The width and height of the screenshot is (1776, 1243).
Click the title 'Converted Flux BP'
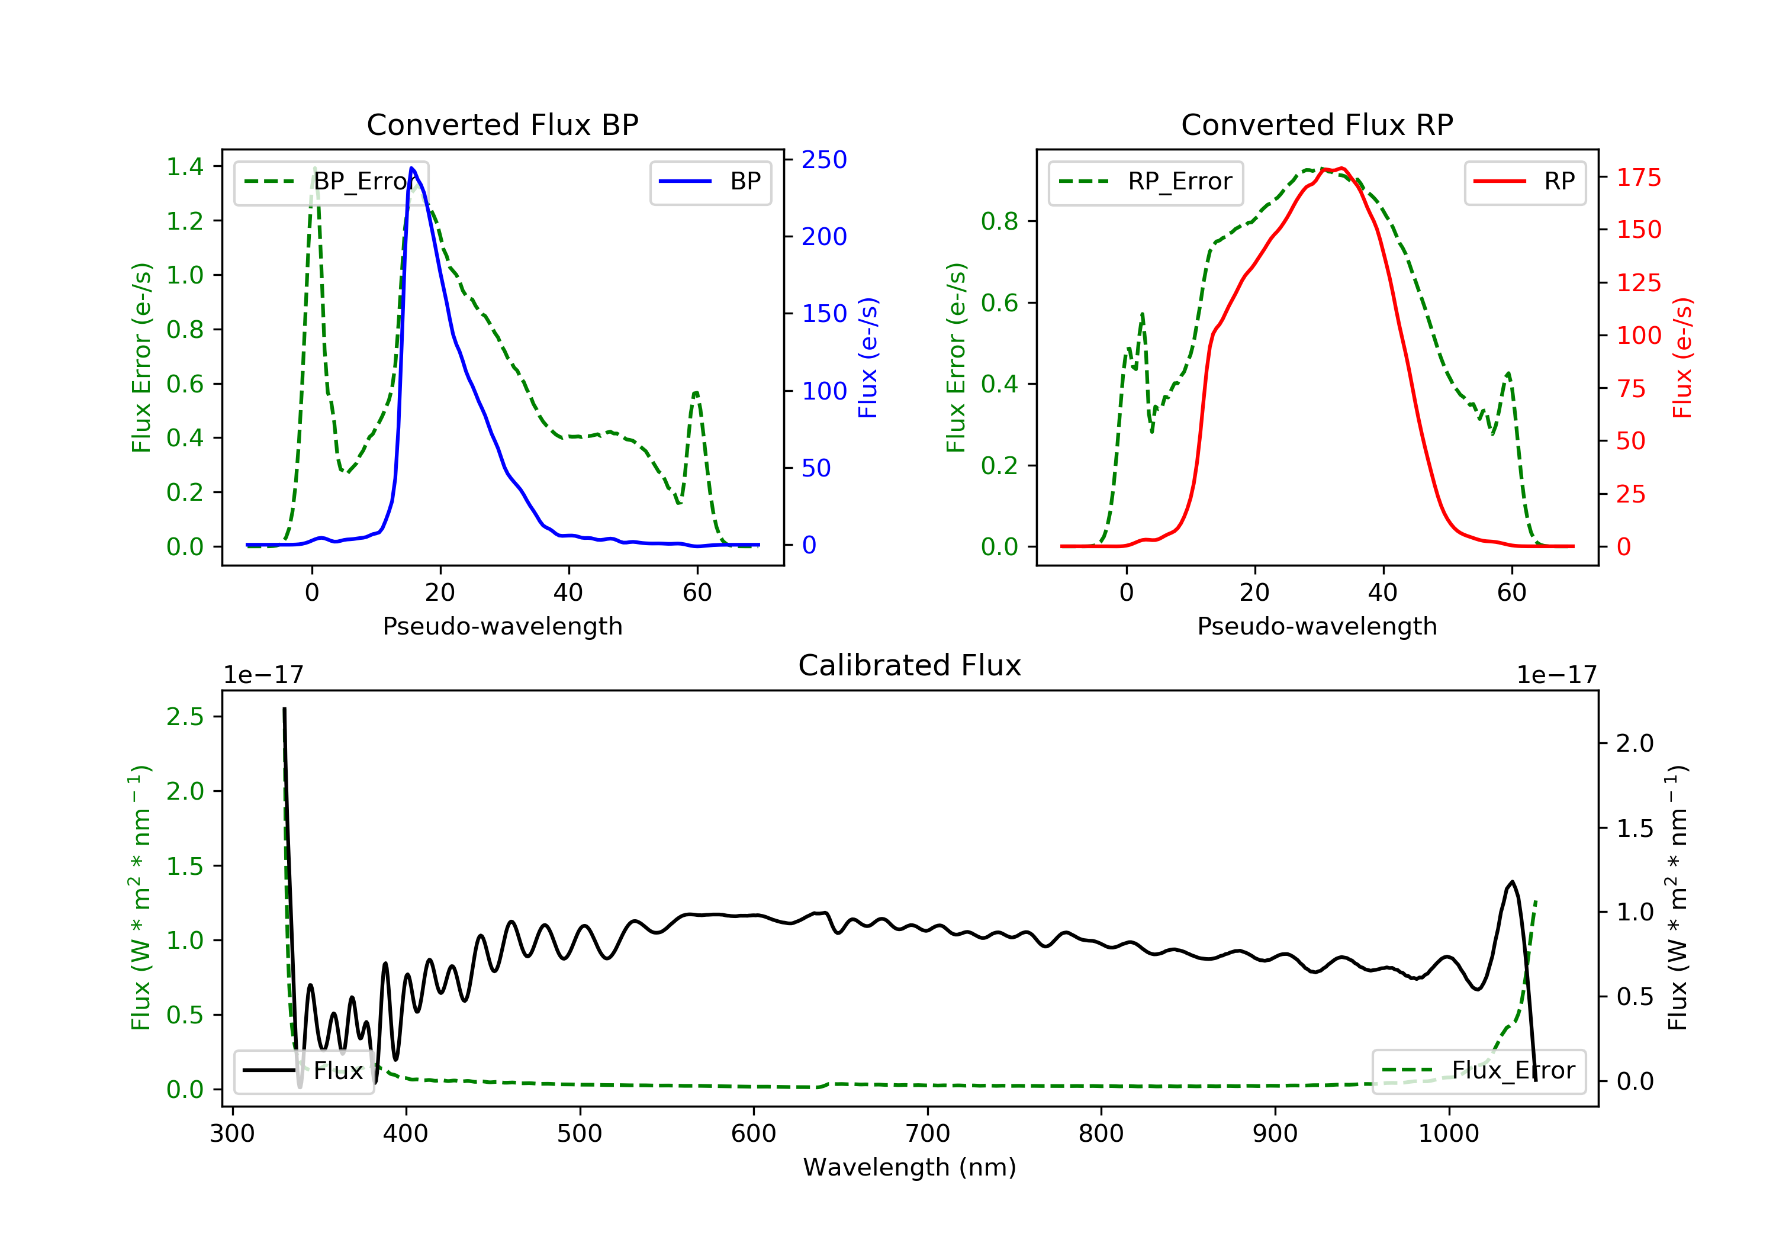(502, 124)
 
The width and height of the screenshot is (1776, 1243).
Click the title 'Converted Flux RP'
(1317, 124)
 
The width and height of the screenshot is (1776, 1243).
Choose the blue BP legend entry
(710, 182)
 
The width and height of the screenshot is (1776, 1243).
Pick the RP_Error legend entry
(1145, 182)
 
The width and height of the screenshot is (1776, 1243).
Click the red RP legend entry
(1524, 182)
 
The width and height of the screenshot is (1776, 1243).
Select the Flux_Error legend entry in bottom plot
(1478, 1071)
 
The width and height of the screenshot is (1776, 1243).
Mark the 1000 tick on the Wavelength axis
(1448, 1134)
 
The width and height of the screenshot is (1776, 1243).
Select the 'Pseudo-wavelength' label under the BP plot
(502, 626)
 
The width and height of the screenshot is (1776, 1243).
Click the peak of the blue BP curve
(411, 168)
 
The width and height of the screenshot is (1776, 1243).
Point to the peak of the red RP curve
(1343, 168)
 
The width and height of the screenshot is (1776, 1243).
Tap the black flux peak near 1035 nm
(1512, 882)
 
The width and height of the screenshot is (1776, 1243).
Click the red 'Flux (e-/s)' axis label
(1682, 358)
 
